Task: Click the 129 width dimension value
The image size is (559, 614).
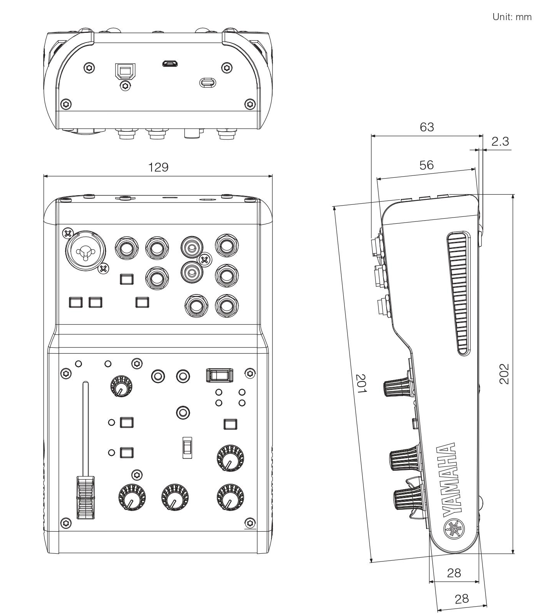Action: coord(158,167)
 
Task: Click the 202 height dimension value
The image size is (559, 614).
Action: coord(504,373)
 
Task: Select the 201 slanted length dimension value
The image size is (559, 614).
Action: coord(361,383)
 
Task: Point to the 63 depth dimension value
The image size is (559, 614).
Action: coord(427,127)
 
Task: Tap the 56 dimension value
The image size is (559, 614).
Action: coord(426,165)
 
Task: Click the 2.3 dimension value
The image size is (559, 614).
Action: coord(500,141)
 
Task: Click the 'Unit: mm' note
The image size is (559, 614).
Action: coord(512,17)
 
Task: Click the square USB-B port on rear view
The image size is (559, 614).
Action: coord(124,71)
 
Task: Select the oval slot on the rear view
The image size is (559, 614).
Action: coord(208,82)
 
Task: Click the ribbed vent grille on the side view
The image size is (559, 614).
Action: coord(459,294)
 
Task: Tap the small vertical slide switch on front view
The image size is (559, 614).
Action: coord(187,447)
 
